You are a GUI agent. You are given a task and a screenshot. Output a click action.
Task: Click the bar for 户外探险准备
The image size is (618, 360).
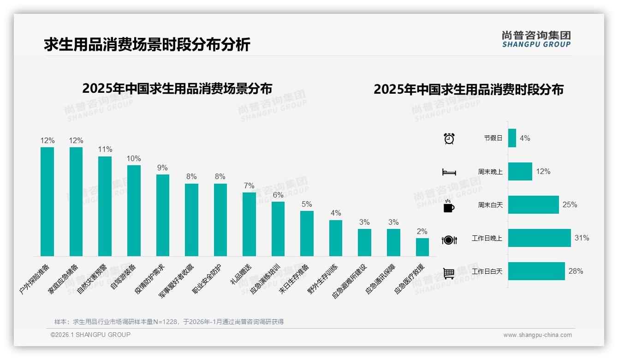(x=47, y=202)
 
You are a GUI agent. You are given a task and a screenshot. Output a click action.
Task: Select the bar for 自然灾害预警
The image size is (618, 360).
(x=105, y=206)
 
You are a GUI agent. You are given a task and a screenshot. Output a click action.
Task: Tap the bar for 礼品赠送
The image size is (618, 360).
(x=249, y=224)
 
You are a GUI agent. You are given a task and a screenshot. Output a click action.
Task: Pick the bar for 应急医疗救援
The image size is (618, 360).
(x=422, y=247)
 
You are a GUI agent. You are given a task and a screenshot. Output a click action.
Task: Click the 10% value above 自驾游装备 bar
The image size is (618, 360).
(x=134, y=158)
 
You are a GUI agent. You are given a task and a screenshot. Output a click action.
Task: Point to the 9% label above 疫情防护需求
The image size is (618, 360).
(x=162, y=168)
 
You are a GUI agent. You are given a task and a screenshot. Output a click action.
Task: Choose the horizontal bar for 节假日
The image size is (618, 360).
(x=512, y=138)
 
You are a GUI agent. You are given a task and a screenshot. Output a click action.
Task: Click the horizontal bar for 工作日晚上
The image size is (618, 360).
(x=539, y=238)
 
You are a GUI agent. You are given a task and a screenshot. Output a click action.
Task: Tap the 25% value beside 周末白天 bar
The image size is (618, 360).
(x=570, y=204)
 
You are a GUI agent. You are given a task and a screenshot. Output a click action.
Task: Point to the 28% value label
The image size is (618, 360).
(x=576, y=271)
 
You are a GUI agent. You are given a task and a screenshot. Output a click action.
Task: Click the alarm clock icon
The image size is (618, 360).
(x=449, y=138)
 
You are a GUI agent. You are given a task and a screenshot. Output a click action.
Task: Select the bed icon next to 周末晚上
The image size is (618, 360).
(x=449, y=172)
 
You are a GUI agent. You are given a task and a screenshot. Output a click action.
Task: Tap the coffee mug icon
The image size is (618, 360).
(x=449, y=206)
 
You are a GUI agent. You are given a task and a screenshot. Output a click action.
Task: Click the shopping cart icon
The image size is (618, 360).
(x=449, y=273)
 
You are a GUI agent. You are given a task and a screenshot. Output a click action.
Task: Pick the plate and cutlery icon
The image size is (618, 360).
(x=449, y=240)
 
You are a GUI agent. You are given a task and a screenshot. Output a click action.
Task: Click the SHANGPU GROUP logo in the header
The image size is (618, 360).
(x=536, y=39)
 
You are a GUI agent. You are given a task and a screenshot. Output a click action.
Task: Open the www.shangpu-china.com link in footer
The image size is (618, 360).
(x=537, y=335)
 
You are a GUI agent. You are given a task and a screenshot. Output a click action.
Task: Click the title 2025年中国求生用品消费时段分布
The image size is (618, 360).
(x=468, y=90)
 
